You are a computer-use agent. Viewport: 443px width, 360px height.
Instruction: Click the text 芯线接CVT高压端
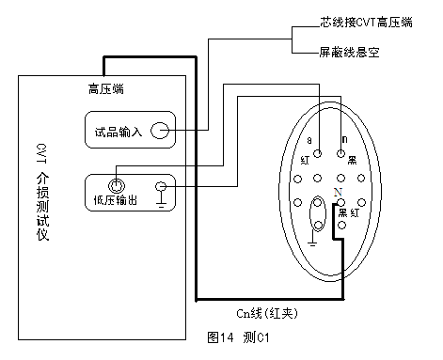tap(366, 21)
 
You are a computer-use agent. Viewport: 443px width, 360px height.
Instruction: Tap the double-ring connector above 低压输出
tap(117, 185)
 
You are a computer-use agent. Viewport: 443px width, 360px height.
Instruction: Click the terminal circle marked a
tap(318, 153)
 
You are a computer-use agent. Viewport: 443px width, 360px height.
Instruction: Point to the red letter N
tap(338, 191)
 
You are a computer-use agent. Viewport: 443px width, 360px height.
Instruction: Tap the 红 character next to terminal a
tap(306, 161)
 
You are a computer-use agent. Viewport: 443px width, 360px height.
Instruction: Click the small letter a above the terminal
tap(309, 139)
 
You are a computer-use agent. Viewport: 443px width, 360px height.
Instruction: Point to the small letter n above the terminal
tap(345, 139)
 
